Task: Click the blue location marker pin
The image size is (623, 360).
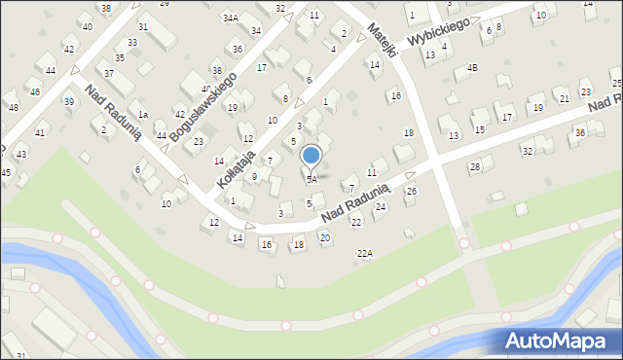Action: [x=311, y=157]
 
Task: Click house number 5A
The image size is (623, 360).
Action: [x=311, y=179]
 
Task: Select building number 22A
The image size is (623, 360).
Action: [x=365, y=253]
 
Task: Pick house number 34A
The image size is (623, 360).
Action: [x=230, y=18]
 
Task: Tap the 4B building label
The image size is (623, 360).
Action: [x=472, y=67]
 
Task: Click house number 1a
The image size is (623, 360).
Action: [x=142, y=115]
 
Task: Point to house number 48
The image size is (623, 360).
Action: [x=13, y=107]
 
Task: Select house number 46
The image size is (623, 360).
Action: [x=34, y=91]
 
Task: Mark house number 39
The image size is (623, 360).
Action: [x=68, y=101]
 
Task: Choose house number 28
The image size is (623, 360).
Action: [x=475, y=167]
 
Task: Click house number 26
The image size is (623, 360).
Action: [x=411, y=191]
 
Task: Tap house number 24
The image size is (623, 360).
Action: [x=381, y=206]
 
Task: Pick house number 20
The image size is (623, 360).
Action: [x=325, y=237]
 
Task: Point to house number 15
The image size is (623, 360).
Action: [x=479, y=128]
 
